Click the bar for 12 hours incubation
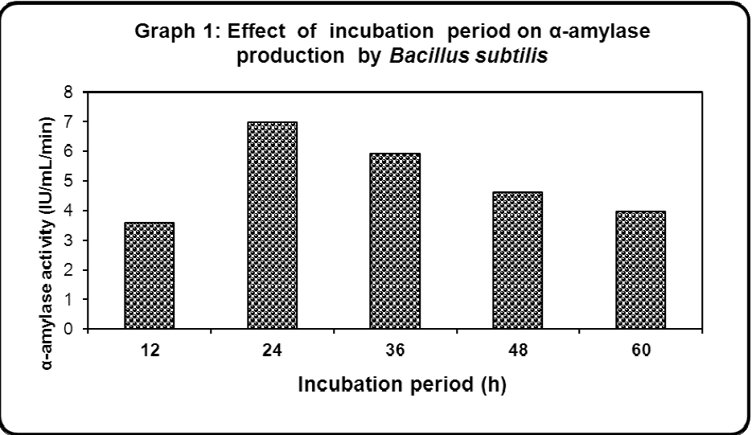[149, 275]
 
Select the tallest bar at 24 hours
[272, 225]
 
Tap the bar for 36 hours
[394, 240]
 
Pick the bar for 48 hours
[517, 260]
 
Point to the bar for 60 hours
[640, 269]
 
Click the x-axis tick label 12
[149, 351]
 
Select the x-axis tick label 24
[272, 351]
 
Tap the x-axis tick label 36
[394, 351]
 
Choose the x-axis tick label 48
[517, 351]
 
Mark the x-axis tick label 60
[640, 351]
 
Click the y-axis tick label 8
[69, 92]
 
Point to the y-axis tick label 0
[69, 329]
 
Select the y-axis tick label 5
[69, 181]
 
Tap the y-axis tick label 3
[69, 240]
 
